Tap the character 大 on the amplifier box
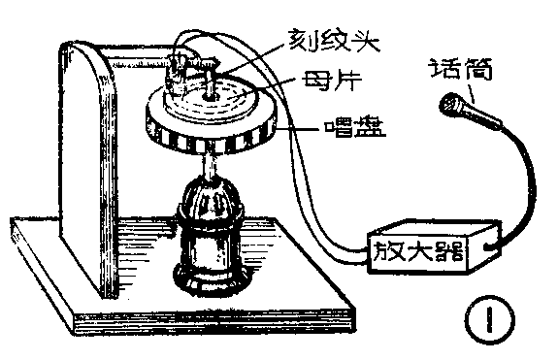[x=424, y=253]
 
